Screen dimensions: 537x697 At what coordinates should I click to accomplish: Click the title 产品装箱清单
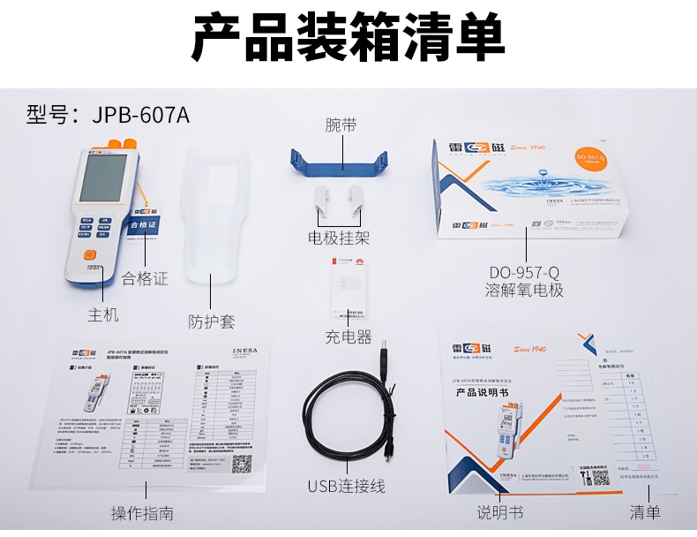(348, 37)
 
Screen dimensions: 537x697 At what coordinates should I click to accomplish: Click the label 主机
(103, 314)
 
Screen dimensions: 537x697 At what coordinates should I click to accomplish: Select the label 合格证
(145, 278)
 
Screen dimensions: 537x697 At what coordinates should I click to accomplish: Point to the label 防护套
(212, 321)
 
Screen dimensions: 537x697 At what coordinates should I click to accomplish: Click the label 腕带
(341, 125)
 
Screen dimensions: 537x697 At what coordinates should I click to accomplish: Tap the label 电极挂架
(339, 238)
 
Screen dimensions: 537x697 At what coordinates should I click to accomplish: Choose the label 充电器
(348, 337)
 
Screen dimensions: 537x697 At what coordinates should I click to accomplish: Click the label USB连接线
(346, 486)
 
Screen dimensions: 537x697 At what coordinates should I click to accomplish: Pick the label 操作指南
(142, 513)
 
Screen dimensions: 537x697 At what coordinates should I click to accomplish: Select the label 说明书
(500, 512)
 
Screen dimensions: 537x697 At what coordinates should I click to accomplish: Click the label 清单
(645, 512)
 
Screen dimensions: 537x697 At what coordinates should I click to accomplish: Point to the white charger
(347, 292)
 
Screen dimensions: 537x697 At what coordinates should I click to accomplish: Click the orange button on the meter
(90, 255)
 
